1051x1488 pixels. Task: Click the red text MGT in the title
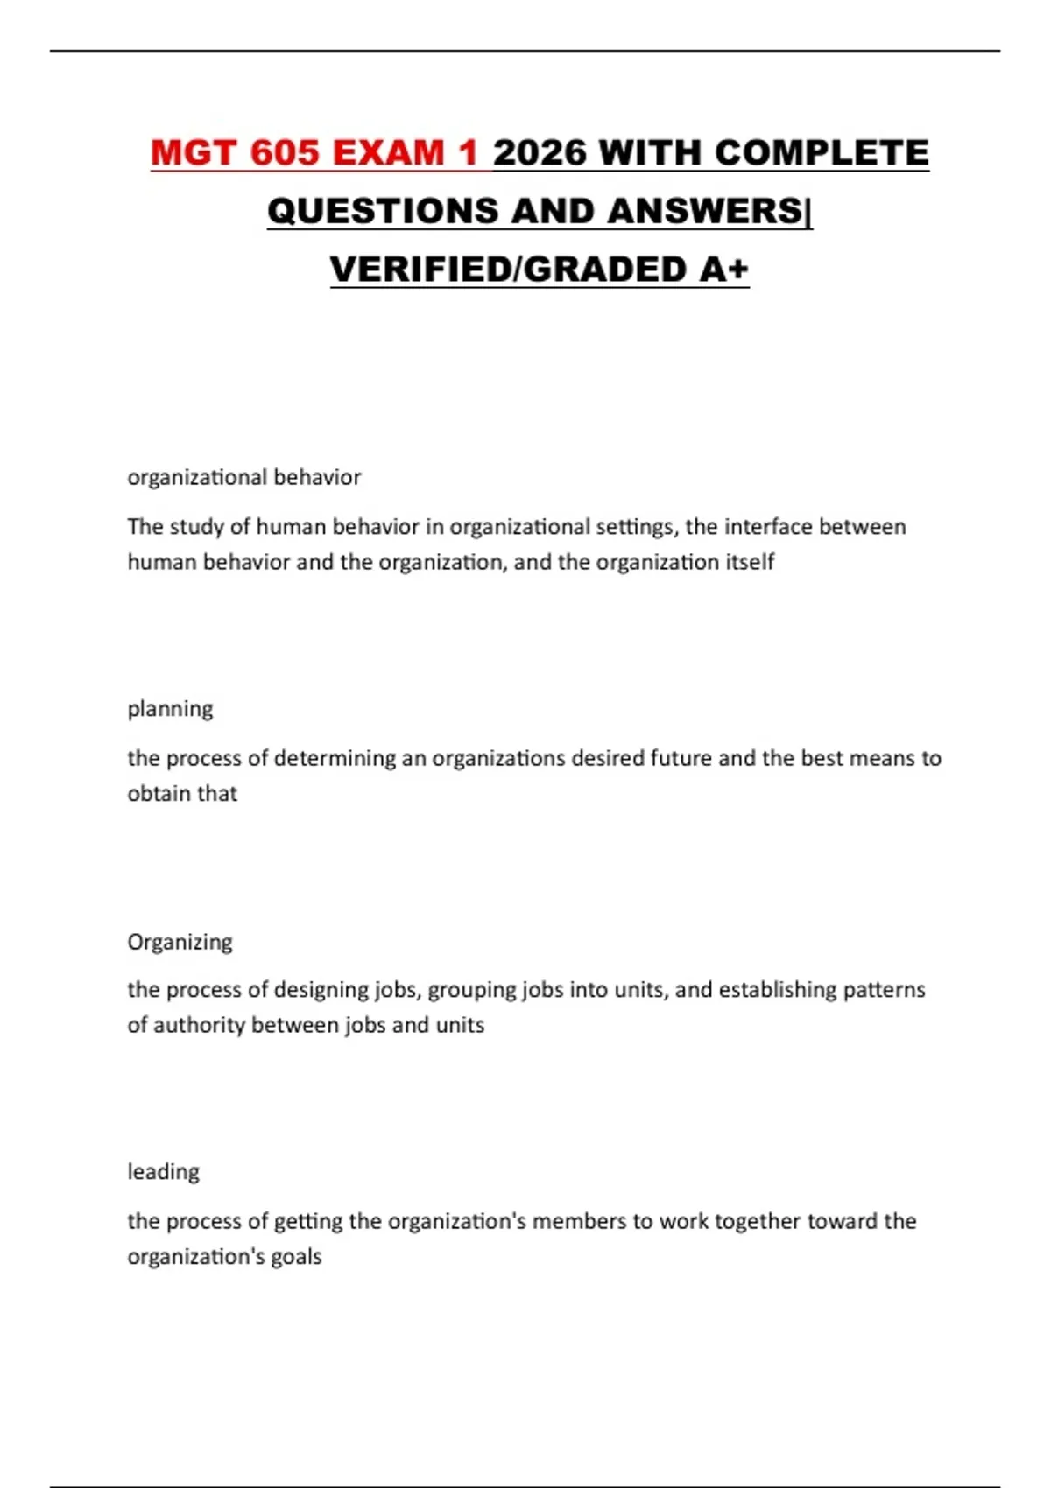click(x=194, y=153)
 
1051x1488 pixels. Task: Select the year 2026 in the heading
click(x=540, y=153)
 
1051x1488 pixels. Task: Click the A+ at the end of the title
click(x=724, y=270)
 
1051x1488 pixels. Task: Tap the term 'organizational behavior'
click(x=244, y=477)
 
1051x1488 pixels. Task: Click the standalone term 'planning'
click(x=170, y=708)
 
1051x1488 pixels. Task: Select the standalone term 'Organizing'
click(x=180, y=942)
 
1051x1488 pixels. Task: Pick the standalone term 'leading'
click(x=164, y=1171)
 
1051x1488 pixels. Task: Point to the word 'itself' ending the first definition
click(x=751, y=562)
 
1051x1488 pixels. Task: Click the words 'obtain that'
click(x=182, y=793)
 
